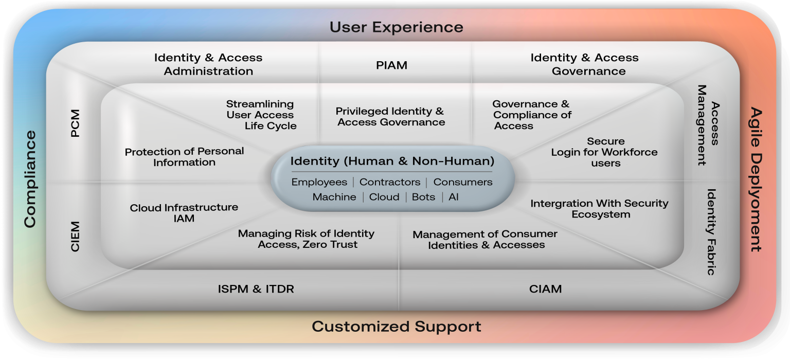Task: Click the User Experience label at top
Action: click(397, 27)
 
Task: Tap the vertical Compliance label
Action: click(30, 179)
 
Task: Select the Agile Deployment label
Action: click(756, 179)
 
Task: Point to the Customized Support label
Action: click(397, 327)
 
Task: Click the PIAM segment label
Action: click(391, 65)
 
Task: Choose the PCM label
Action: click(75, 123)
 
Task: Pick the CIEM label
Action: click(75, 237)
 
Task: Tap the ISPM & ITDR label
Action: click(256, 289)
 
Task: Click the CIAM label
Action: click(545, 289)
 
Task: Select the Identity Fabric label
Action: click(711, 231)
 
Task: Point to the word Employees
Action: click(319, 182)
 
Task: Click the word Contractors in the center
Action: click(390, 182)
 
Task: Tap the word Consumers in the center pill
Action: click(463, 182)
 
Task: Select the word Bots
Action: click(424, 197)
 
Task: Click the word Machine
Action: click(334, 197)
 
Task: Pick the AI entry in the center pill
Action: click(454, 197)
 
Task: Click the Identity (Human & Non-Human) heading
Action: click(392, 161)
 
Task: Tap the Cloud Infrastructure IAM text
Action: click(184, 213)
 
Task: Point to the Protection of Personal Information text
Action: click(184, 157)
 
